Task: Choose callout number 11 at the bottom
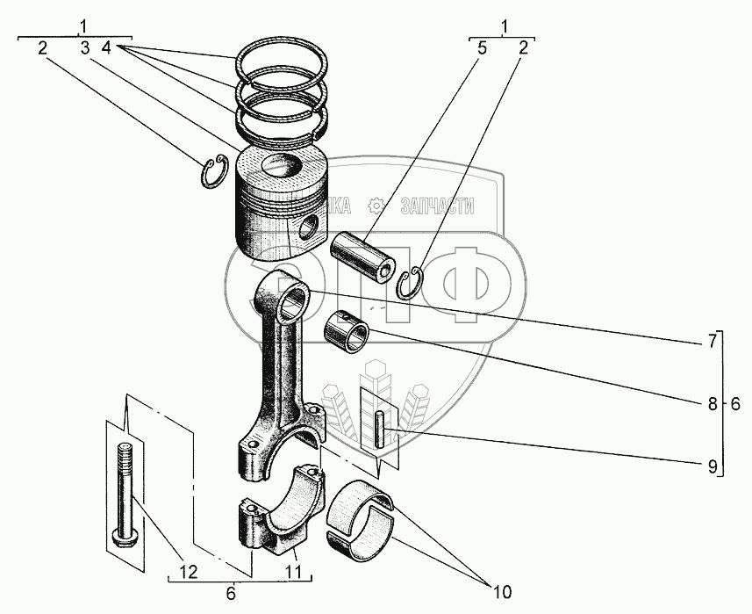(x=292, y=572)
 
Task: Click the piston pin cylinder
(x=363, y=254)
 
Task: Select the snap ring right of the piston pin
(x=412, y=284)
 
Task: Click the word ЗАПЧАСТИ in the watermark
(x=436, y=206)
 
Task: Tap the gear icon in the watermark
(x=376, y=206)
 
